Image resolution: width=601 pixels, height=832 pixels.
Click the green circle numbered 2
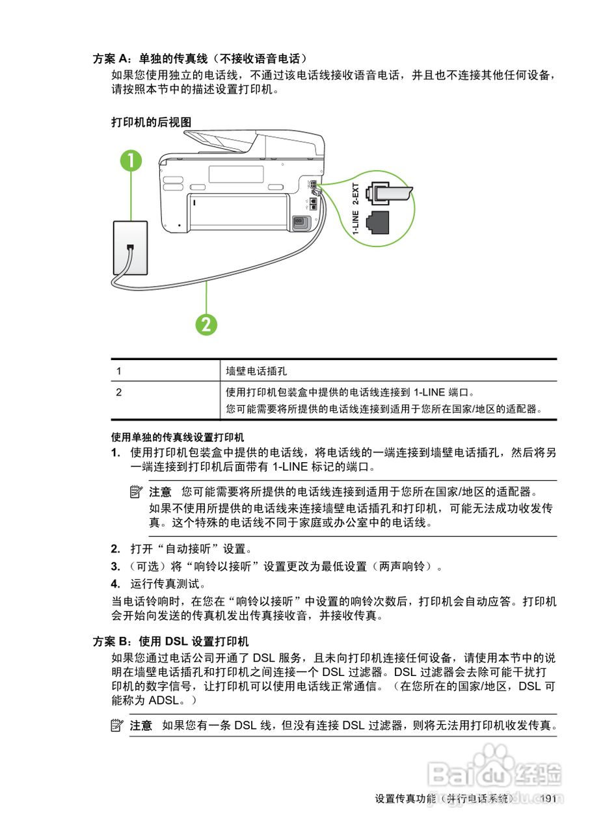pos(206,324)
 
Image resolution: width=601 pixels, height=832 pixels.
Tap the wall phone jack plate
pos(130,248)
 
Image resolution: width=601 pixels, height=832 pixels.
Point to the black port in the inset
pos(378,222)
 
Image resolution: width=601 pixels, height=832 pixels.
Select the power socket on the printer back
pos(300,222)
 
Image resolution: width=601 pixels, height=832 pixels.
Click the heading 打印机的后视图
pos(151,122)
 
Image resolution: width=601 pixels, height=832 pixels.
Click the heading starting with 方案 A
pos(200,59)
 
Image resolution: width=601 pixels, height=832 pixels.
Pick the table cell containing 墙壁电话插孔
pos(256,371)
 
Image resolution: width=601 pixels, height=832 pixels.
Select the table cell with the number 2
pos(119,393)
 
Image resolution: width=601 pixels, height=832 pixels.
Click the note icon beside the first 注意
pos(136,491)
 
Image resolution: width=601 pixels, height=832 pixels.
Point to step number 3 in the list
pos(115,566)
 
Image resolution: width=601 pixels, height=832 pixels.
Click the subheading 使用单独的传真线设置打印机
pos(178,436)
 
